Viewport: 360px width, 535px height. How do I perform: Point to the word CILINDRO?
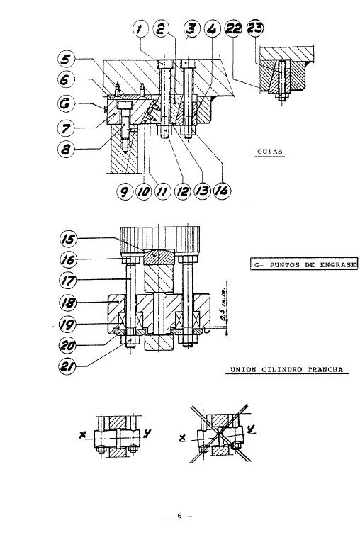[283, 369]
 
